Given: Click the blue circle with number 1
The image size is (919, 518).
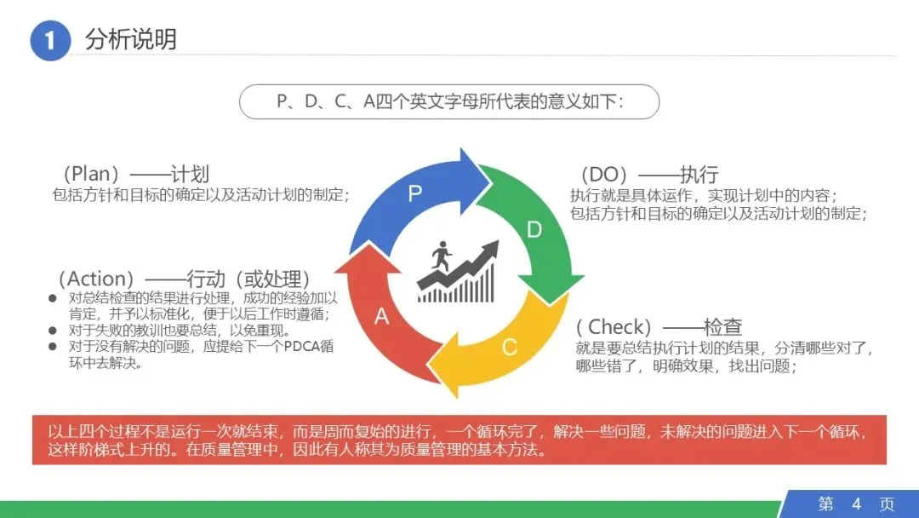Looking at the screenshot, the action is point(49,41).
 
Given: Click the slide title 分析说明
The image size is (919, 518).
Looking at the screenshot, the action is point(131,39).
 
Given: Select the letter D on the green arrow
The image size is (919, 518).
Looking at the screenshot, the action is point(534,229).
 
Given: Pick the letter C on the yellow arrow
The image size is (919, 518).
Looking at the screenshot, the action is point(509,347).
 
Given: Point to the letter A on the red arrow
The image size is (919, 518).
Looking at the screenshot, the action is point(382,317).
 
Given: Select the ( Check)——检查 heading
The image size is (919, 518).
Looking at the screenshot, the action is point(659,326).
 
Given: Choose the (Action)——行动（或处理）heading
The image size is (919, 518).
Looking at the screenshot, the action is point(183,279).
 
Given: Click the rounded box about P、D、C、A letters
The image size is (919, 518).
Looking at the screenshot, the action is point(449,101).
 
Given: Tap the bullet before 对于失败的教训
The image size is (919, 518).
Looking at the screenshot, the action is point(53,331).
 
